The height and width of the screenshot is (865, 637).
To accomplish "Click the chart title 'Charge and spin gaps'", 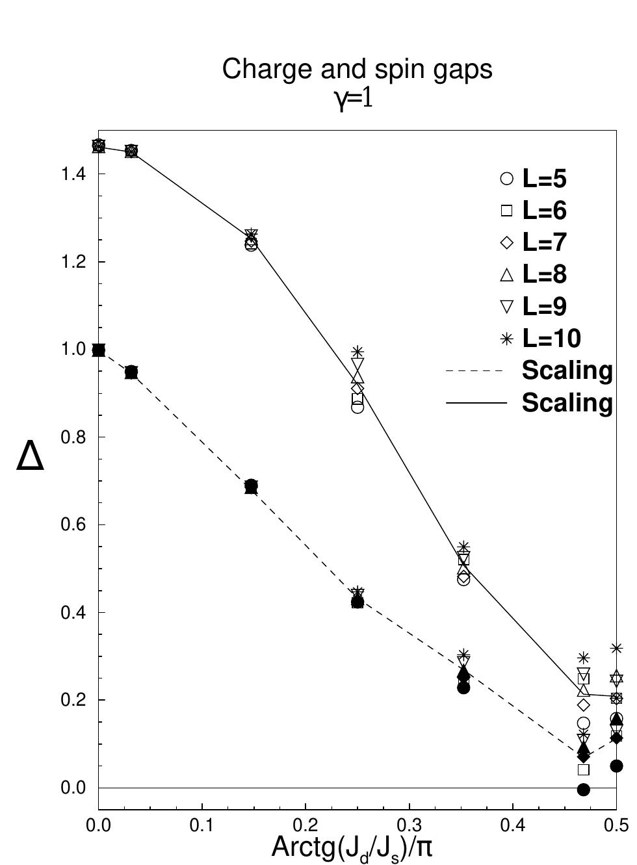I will tap(357, 69).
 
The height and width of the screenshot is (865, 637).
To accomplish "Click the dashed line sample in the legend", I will tap(475, 371).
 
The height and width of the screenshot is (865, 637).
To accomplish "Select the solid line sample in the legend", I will tap(475, 404).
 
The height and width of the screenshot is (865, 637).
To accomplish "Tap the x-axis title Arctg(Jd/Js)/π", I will tap(351, 848).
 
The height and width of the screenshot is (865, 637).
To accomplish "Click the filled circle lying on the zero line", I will tap(583, 790).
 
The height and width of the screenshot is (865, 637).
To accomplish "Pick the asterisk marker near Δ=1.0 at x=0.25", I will tap(357, 352).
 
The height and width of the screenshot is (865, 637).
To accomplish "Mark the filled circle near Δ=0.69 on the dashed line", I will tap(252, 485).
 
